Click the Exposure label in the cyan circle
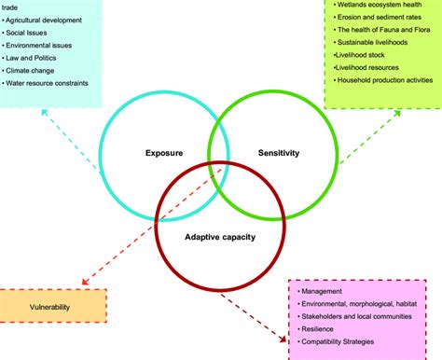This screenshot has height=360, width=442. pyautogui.click(x=163, y=152)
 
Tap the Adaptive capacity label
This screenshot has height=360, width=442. pyautogui.click(x=219, y=236)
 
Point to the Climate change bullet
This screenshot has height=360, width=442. pyautogui.click(x=36, y=70)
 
